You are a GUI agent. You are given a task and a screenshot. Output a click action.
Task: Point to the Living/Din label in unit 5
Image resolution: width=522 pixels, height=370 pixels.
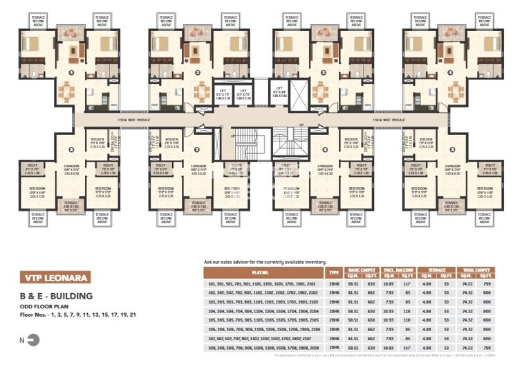pos(453,168)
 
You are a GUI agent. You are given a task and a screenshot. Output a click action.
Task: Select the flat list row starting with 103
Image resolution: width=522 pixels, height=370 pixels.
pos(263,302)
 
